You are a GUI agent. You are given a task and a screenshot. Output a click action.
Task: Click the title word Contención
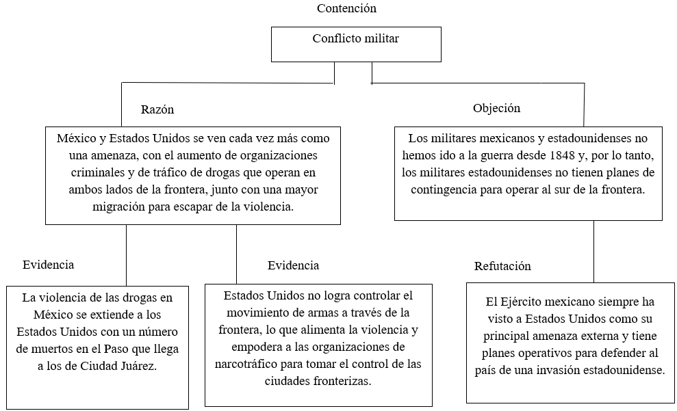(346, 9)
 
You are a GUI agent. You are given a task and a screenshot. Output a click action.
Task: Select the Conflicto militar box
(356, 44)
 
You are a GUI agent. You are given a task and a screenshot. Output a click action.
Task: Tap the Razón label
(157, 109)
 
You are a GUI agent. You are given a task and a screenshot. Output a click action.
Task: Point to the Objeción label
(496, 108)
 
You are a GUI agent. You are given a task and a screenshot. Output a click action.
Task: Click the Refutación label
(502, 265)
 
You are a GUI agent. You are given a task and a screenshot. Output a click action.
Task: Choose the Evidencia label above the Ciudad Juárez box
(49, 265)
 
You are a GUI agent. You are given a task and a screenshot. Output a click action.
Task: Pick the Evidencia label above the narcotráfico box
(293, 265)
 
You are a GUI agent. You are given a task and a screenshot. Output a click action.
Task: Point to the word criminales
(98, 172)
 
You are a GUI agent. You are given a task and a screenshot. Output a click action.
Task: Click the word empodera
(251, 347)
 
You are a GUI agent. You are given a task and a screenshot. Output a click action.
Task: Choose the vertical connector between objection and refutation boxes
(593, 252)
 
